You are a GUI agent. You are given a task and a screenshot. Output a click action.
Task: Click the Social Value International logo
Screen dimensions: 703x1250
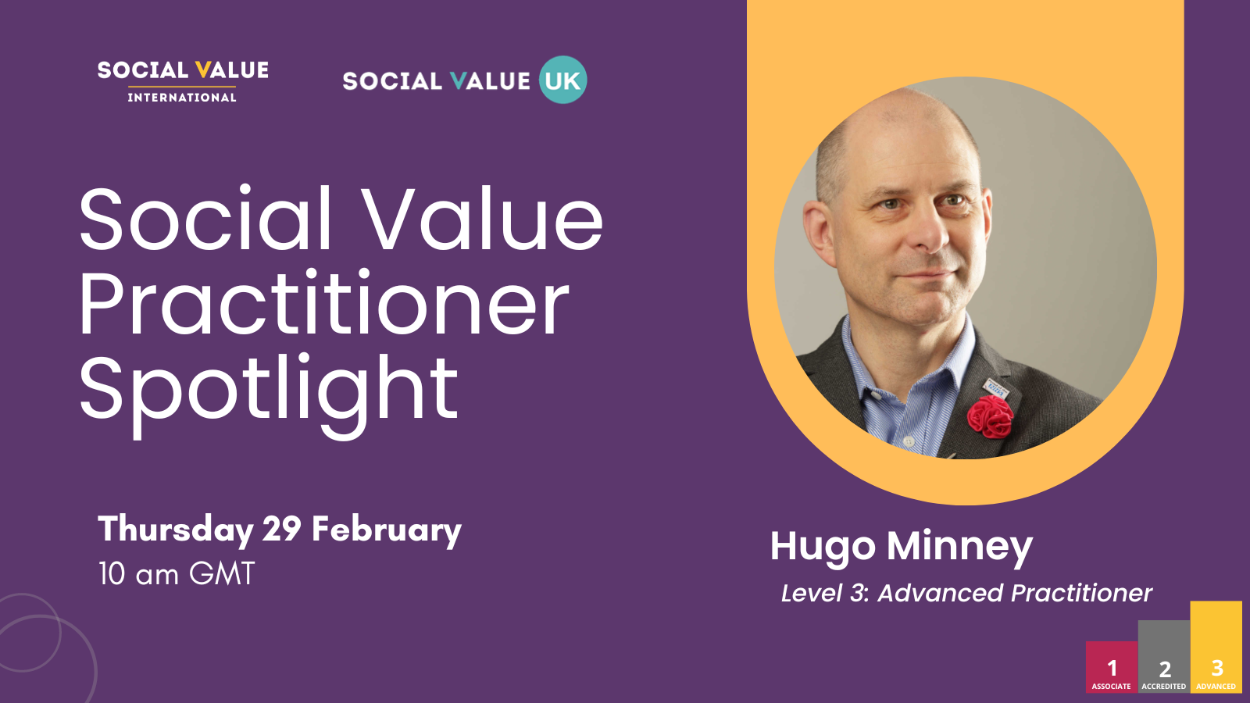click(183, 81)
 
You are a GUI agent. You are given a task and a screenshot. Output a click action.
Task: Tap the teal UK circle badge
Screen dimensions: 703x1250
click(562, 80)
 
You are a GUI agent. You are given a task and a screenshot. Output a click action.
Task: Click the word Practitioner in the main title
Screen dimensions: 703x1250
click(323, 304)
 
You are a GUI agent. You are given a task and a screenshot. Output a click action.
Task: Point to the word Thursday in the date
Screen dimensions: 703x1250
click(175, 530)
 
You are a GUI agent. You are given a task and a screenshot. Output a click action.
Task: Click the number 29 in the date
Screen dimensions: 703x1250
click(281, 530)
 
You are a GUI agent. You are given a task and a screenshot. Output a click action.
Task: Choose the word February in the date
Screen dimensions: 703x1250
click(386, 530)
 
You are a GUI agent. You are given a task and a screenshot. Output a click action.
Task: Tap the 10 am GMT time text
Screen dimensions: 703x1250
click(177, 574)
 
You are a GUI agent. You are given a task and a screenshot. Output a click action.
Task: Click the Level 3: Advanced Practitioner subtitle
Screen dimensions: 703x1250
click(966, 593)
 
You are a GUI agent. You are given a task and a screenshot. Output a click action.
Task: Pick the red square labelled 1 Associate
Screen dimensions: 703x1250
click(1112, 667)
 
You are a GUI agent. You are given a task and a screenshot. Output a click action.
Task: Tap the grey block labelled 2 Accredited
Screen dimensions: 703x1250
click(1164, 656)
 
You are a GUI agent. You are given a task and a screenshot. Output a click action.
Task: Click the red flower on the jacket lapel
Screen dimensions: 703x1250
click(990, 416)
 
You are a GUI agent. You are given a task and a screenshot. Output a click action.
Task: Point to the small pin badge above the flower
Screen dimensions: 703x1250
click(995, 387)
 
